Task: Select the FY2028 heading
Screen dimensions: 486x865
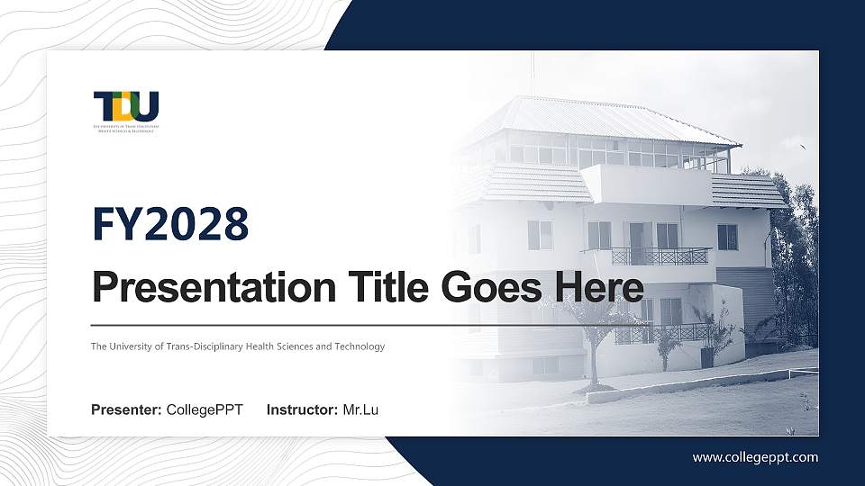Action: tap(170, 224)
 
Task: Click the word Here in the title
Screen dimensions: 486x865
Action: tap(597, 288)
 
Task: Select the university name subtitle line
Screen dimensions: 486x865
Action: tap(238, 346)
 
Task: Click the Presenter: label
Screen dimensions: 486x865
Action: tap(126, 410)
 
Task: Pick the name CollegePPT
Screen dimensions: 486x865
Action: tap(205, 410)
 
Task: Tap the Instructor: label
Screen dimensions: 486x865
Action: tap(303, 410)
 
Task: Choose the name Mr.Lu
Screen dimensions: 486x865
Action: tap(360, 410)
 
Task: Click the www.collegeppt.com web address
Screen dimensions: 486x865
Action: tap(755, 457)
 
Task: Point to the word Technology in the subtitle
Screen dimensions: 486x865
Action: tap(360, 346)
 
